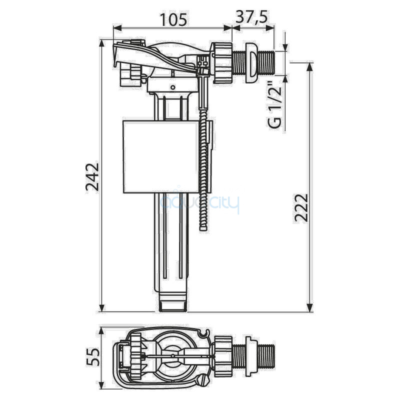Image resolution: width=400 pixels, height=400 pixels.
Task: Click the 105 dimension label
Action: tap(173, 19)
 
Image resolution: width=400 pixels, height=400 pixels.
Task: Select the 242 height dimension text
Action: tap(92, 176)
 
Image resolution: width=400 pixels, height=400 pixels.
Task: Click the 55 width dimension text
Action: tap(92, 357)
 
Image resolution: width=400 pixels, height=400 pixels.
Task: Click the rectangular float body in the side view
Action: tap(160, 156)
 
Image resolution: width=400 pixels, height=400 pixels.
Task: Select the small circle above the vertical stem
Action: tap(172, 87)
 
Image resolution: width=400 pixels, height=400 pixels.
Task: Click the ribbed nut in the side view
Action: tap(221, 63)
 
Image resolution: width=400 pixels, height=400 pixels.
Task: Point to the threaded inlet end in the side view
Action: tap(266, 63)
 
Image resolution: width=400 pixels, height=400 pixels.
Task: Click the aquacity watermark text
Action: tap(200, 203)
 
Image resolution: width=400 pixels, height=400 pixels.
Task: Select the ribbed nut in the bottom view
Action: tap(223, 357)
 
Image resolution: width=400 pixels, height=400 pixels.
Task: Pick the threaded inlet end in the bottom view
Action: tap(267, 357)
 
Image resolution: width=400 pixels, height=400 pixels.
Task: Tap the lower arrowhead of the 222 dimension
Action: tap(309, 307)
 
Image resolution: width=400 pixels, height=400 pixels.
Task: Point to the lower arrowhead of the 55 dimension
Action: tap(102, 384)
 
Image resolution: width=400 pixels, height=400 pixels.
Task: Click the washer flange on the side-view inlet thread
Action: tap(251, 63)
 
